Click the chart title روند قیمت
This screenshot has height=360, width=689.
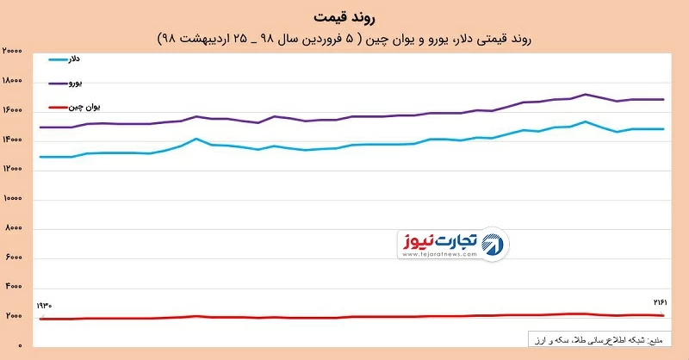[x=344, y=17]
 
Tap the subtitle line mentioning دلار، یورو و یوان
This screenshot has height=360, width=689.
[x=344, y=39]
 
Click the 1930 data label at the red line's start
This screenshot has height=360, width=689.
[x=46, y=307]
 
